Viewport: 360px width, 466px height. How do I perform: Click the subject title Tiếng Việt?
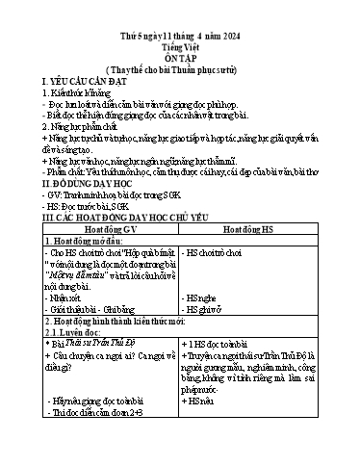(179, 30)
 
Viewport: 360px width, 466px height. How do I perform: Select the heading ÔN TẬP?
(179, 44)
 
